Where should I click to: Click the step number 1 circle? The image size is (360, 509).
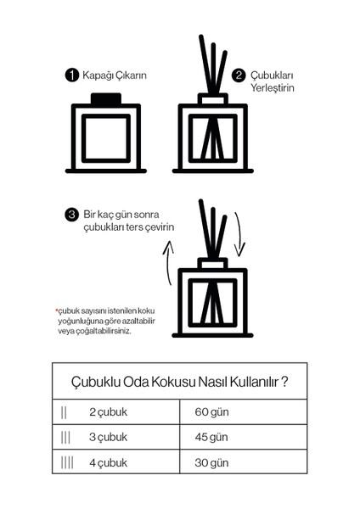click(73, 76)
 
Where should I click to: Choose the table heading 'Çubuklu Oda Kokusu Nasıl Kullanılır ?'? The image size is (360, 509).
click(179, 382)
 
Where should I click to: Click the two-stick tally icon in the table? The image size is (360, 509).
click(65, 413)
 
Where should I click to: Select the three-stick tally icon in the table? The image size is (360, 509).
click(65, 438)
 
